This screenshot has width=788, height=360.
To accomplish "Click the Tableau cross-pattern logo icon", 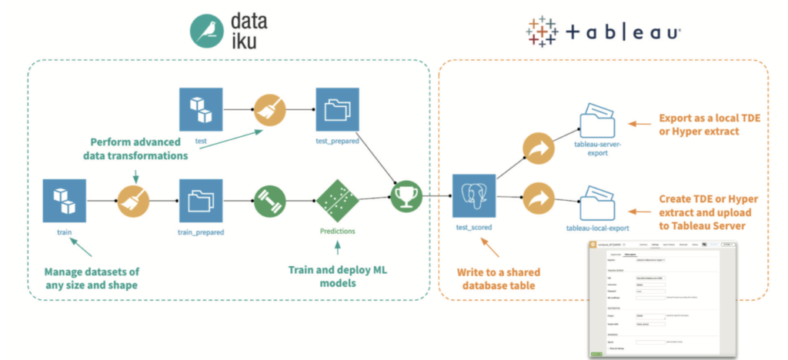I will point(543,32).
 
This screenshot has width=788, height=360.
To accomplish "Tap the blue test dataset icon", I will point(201,108).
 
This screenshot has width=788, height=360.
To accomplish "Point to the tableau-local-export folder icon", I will point(597,202).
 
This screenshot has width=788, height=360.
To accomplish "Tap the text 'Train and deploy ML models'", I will point(337,278).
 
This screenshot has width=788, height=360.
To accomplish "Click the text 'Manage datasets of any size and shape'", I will point(92,278).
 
